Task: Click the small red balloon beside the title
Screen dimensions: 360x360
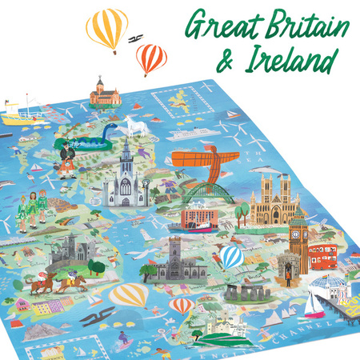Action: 151,58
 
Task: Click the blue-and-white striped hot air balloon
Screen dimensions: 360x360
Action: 231,257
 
